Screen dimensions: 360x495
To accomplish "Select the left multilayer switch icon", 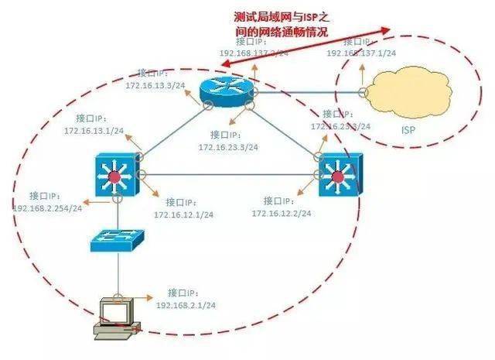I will point(114,175).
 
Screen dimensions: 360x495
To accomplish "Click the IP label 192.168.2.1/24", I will point(185,306).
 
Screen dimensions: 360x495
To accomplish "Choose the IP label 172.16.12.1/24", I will point(183,214).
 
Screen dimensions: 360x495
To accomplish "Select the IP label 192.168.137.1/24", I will point(361,53).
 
